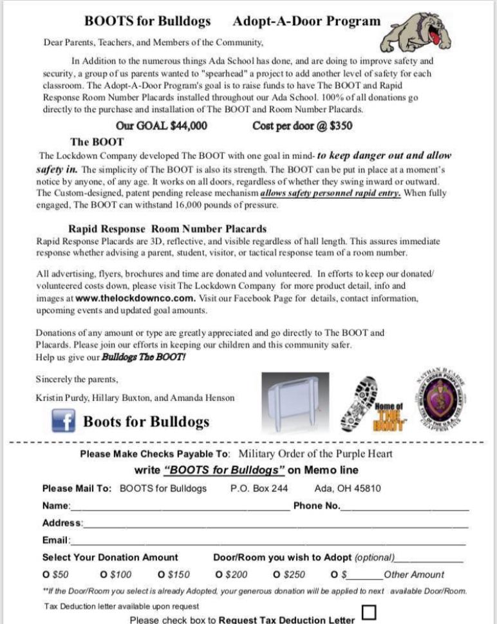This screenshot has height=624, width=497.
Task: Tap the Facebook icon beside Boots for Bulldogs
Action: click(x=64, y=422)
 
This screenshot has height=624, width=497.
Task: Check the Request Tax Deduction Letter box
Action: click(x=370, y=612)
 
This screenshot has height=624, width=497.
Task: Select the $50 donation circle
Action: click(x=46, y=574)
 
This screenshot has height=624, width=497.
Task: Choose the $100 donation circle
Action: click(x=104, y=574)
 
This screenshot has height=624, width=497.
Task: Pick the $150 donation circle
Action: click(x=162, y=574)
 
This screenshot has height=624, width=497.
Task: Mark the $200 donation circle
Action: click(x=220, y=574)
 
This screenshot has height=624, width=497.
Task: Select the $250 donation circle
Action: click(x=277, y=574)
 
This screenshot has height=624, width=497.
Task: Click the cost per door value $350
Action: click(x=341, y=126)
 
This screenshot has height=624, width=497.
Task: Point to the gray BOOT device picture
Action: click(x=295, y=401)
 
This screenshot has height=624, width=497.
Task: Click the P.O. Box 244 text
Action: click(x=259, y=488)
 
